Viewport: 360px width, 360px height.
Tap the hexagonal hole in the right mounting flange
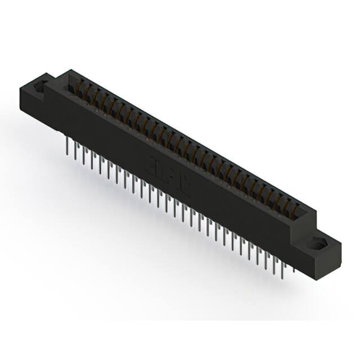pos(317,244)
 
